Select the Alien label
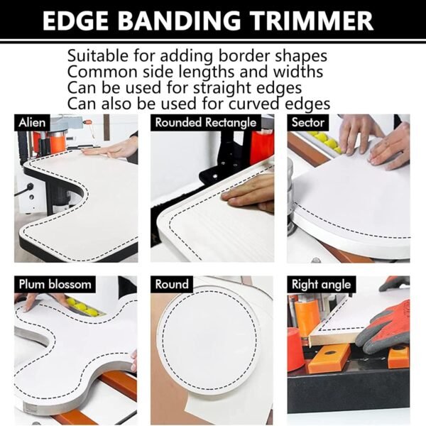(x=32, y=122)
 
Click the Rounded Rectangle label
(x=206, y=122)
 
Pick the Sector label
(x=308, y=122)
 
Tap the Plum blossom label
(x=55, y=285)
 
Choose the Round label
(x=173, y=285)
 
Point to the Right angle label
(x=322, y=285)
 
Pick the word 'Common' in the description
(x=97, y=72)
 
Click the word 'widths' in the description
(x=298, y=72)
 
